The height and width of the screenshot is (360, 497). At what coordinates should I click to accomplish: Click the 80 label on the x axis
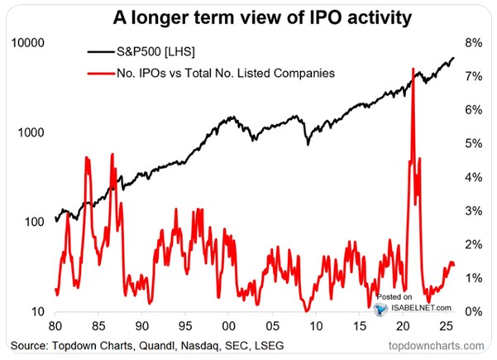[55, 325]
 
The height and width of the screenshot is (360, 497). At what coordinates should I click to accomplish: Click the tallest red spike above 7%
[412, 70]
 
